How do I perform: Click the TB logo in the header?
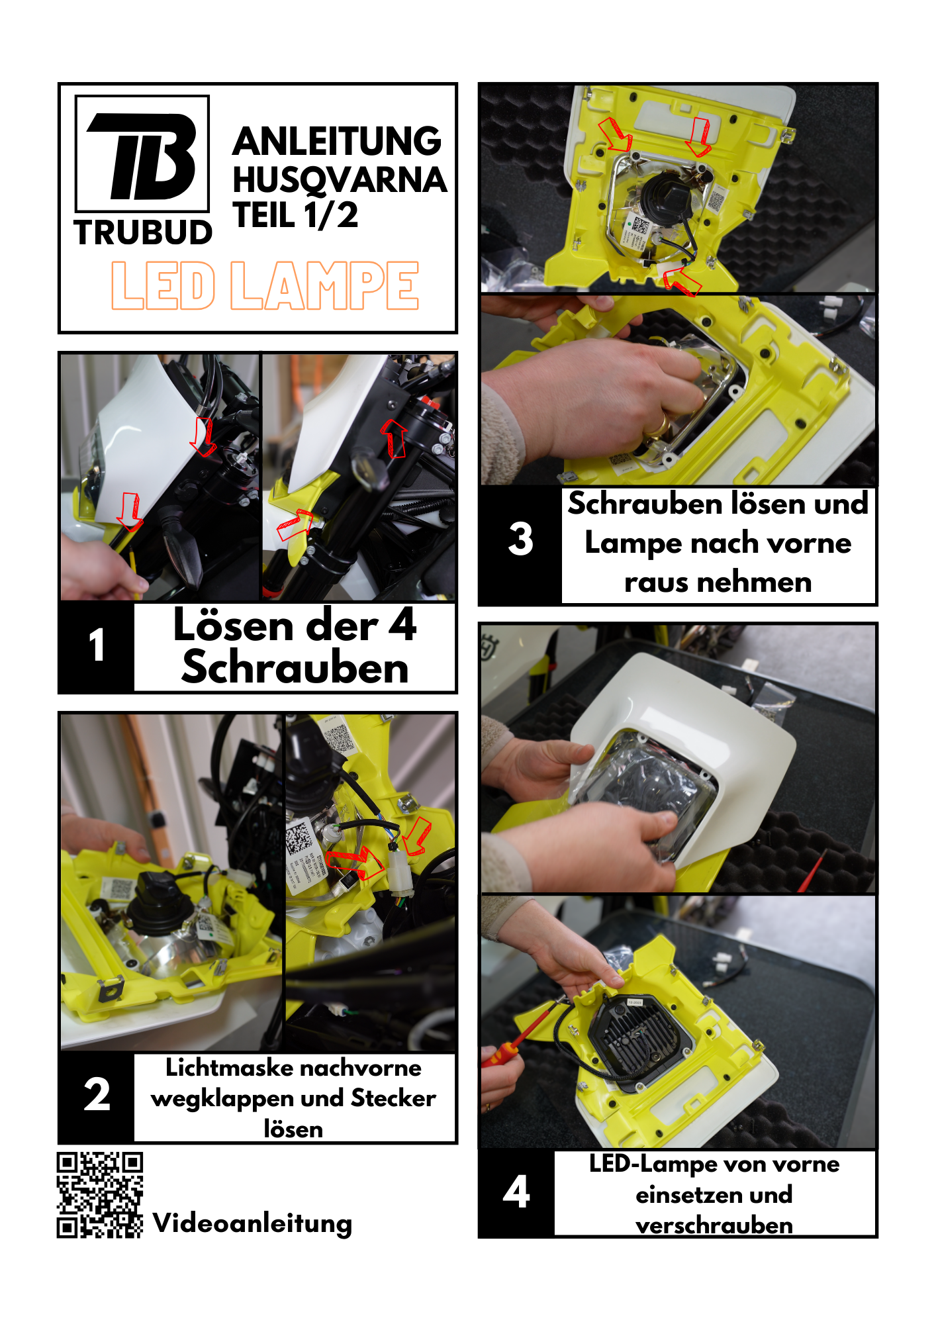click(142, 154)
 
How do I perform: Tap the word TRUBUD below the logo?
click(143, 233)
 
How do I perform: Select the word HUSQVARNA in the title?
click(340, 179)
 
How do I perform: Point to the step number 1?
click(97, 645)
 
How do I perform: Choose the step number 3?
click(521, 538)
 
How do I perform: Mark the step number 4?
click(516, 1192)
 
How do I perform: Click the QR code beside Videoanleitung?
click(100, 1195)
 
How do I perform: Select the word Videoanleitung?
click(252, 1223)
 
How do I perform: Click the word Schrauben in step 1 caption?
click(295, 667)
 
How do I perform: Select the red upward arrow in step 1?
click(395, 438)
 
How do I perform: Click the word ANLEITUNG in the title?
click(337, 141)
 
